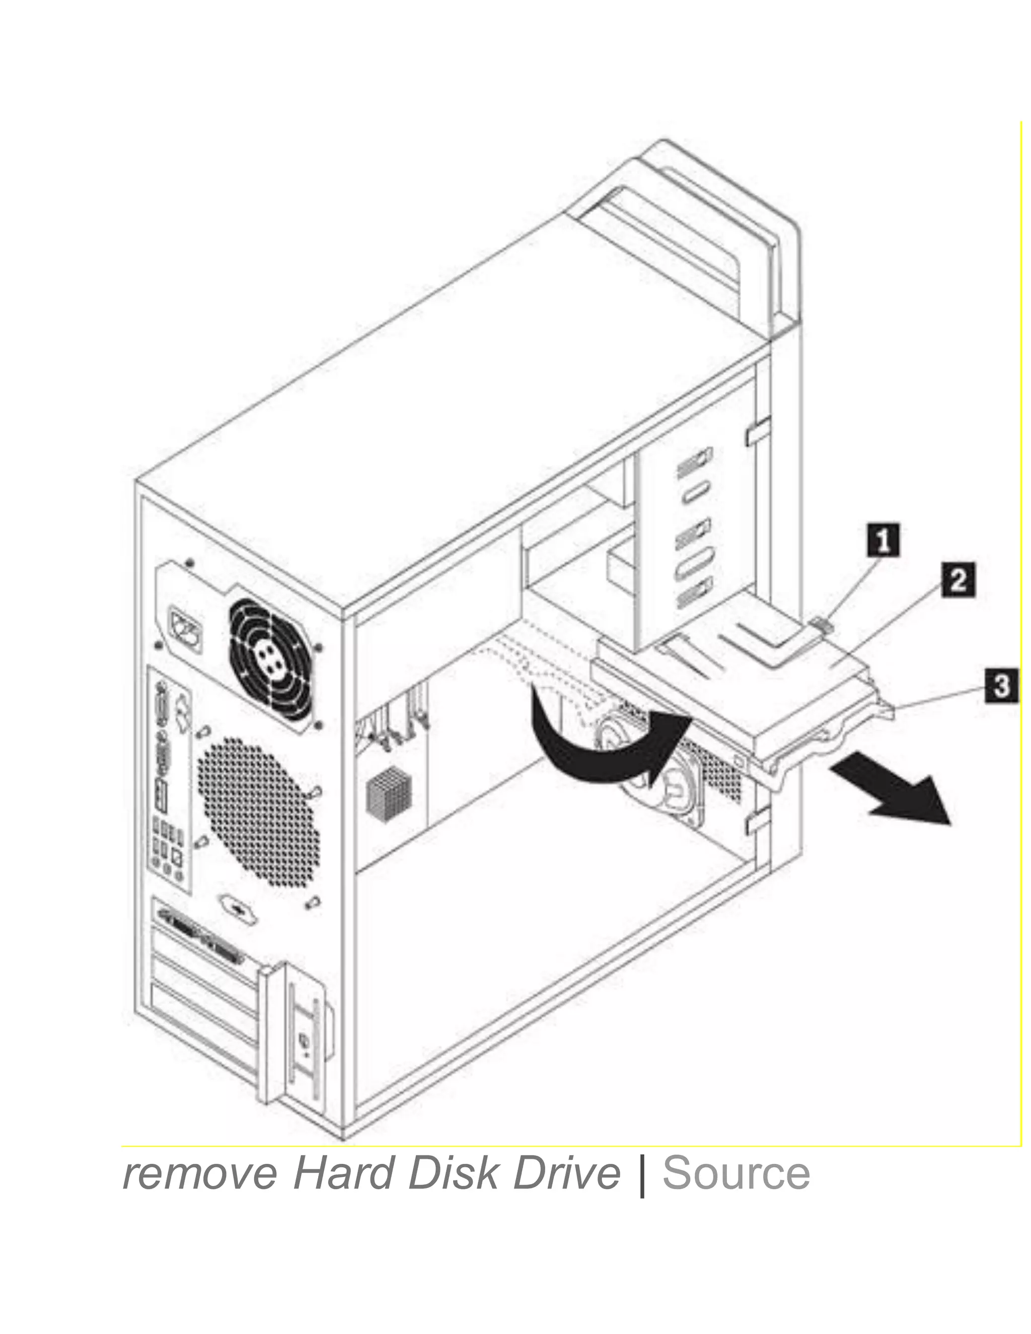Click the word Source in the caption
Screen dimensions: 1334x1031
point(735,1174)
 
